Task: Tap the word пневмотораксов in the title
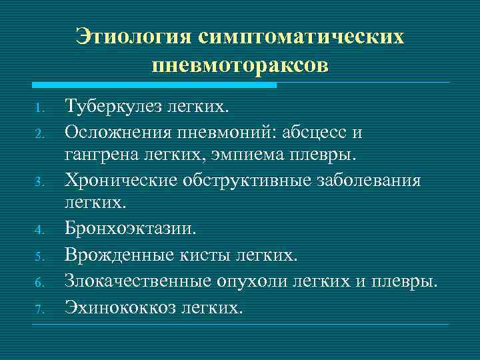pyautogui.click(x=240, y=65)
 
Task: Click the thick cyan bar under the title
pyautogui.click(x=154, y=85)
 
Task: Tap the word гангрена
pyautogui.click(x=98, y=155)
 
